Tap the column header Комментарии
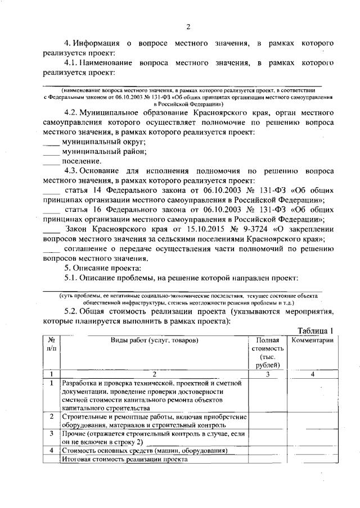312,340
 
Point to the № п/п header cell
51,344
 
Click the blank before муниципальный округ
52,143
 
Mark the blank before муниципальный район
52,152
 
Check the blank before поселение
52,161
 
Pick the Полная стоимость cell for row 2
267,421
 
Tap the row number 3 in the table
51,434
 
